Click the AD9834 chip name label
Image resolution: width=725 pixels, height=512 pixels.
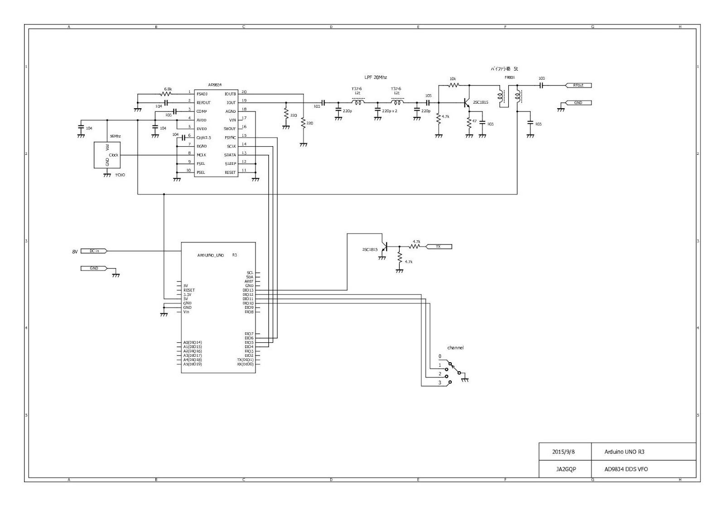[215, 85]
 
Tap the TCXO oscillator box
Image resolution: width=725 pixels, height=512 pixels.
[107, 155]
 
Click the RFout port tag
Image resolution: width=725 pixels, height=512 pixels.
[578, 85]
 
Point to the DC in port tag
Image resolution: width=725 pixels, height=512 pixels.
[94, 251]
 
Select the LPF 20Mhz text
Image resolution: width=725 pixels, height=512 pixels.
[376, 77]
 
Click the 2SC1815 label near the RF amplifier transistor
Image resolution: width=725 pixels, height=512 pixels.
[480, 102]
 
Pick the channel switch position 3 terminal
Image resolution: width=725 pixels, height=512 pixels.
[450, 383]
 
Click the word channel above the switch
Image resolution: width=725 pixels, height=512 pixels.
[455, 348]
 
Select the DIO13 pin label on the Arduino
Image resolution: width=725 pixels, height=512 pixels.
[248, 290]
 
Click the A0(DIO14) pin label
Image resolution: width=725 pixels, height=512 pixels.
[193, 342]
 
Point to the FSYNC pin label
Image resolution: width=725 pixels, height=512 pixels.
[230, 138]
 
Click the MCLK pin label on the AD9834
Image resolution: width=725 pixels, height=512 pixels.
[201, 155]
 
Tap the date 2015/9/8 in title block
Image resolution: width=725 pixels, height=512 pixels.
[564, 452]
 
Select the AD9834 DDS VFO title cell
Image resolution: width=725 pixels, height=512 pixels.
[626, 469]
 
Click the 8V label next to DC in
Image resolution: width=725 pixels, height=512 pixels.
[75, 251]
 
